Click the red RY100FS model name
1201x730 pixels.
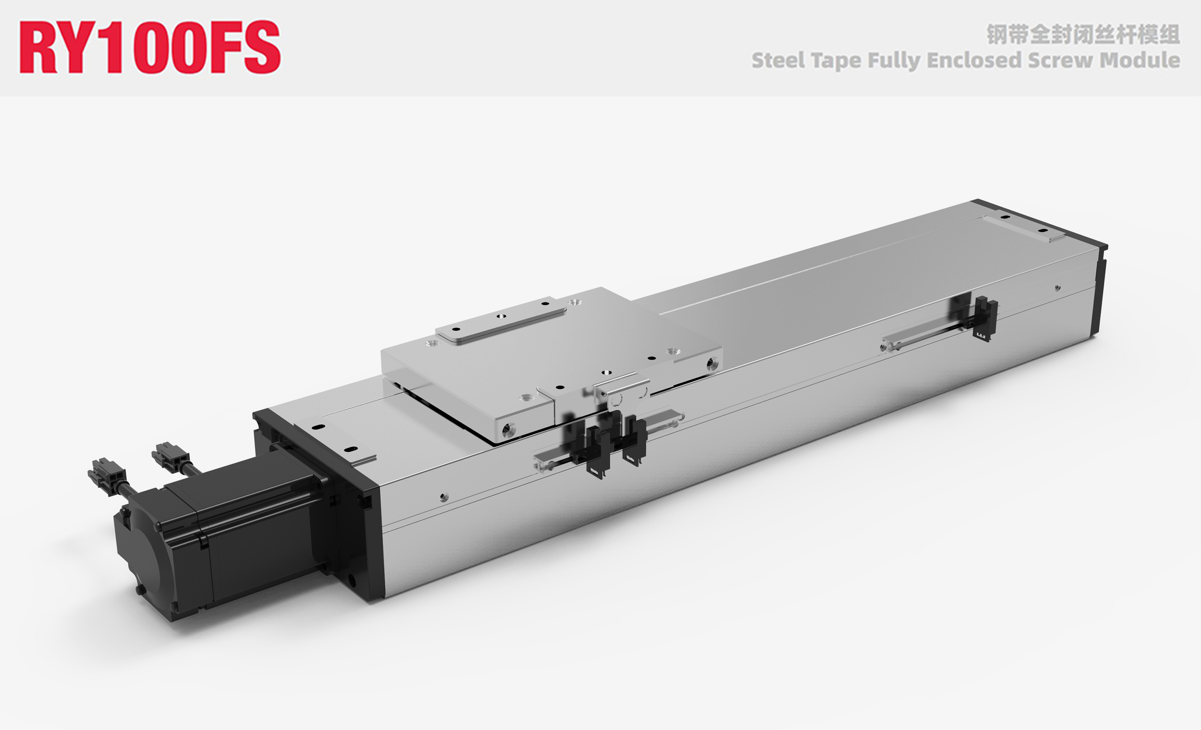(x=150, y=47)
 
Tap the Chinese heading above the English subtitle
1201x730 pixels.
(x=1083, y=34)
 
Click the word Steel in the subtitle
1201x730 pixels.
(x=778, y=61)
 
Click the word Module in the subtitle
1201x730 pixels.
(x=1140, y=61)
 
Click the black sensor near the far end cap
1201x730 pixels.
(x=985, y=319)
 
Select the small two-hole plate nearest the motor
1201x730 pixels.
(x=336, y=438)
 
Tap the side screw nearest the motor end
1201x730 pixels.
(x=443, y=497)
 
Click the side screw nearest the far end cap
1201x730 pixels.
(x=1057, y=288)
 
